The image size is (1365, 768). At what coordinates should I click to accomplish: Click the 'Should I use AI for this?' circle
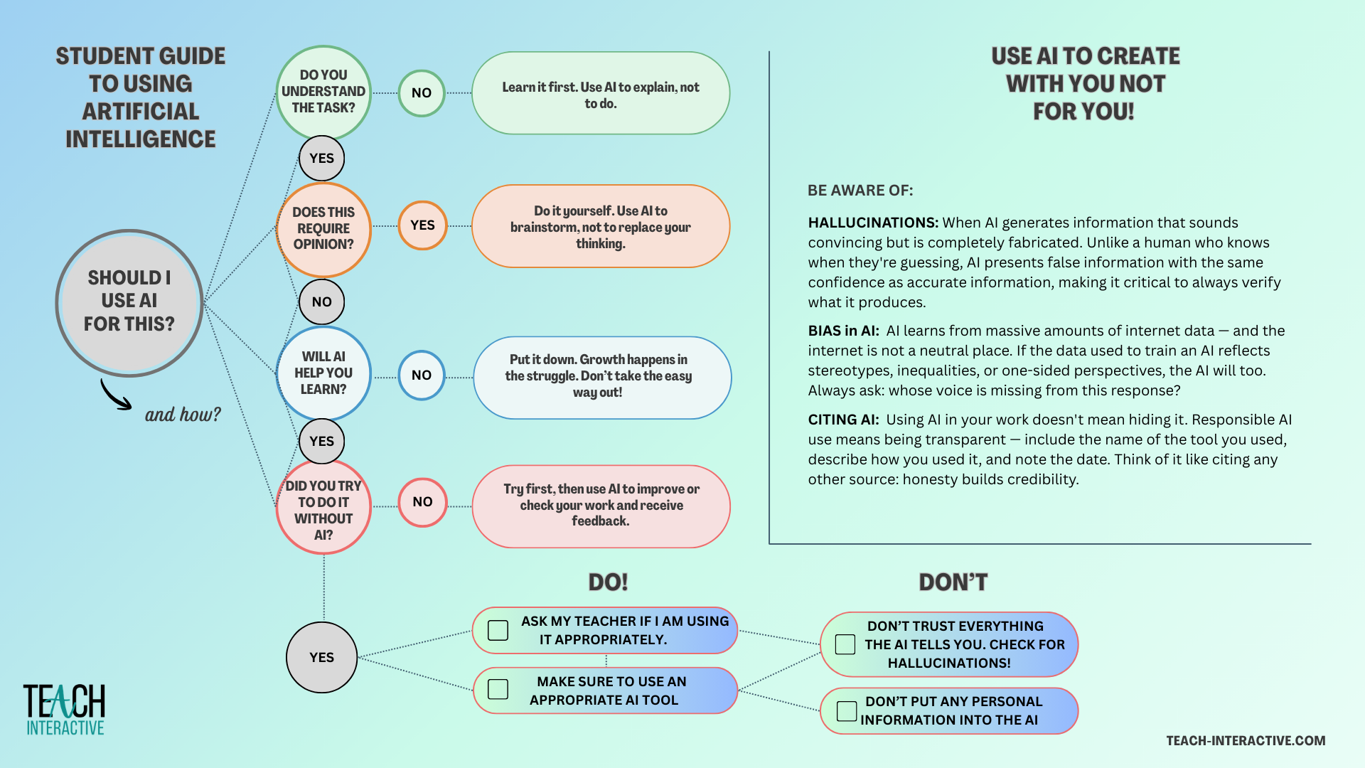click(129, 302)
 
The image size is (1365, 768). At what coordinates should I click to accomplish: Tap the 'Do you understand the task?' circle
click(323, 92)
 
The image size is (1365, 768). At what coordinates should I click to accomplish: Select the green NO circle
click(422, 93)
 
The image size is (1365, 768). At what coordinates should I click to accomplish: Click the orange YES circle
click(422, 225)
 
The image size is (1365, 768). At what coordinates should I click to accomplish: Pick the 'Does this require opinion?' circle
click(323, 229)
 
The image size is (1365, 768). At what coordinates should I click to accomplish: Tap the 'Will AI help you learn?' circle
click(323, 373)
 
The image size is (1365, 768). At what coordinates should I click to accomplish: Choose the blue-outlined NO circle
click(422, 375)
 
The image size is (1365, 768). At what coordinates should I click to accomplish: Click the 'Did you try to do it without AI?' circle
click(323, 508)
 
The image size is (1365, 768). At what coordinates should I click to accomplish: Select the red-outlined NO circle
click(422, 502)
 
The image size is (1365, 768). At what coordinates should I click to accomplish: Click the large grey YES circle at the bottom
click(321, 658)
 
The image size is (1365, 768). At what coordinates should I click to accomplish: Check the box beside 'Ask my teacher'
click(498, 630)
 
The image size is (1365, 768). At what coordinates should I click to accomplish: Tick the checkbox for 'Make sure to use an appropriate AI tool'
click(498, 689)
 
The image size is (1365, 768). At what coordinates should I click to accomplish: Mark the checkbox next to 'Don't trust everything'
click(845, 644)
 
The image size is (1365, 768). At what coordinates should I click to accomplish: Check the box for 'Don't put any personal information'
click(846, 710)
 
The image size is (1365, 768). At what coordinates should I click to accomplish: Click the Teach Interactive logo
click(64, 710)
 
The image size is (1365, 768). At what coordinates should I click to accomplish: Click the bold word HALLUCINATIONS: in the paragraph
click(873, 223)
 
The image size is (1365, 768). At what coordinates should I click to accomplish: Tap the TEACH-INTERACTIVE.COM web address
click(1246, 741)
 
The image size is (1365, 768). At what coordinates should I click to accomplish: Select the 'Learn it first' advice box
click(601, 93)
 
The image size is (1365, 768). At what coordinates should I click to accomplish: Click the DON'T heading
click(953, 582)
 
